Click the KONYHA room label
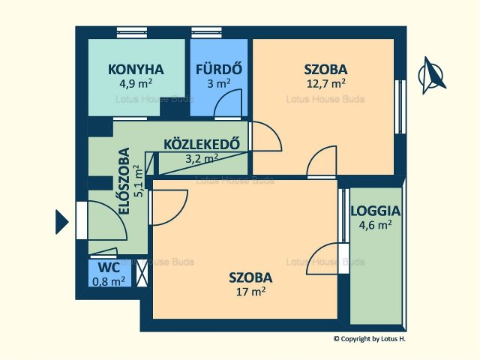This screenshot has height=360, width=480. (136, 70)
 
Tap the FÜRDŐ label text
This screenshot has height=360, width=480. (219, 68)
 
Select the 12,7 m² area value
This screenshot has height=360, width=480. (326, 83)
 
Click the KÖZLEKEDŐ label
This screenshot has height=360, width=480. (202, 144)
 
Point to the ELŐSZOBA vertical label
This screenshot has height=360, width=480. (124, 181)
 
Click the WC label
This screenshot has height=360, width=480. (109, 268)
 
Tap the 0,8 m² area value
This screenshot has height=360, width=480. (109, 281)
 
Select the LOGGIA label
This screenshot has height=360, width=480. (375, 211)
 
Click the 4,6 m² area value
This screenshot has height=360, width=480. (375, 225)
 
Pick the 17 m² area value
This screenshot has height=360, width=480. (250, 292)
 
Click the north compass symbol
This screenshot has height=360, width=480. (431, 75)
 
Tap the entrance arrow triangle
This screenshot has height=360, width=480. (61, 222)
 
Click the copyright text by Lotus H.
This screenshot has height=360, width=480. (370, 339)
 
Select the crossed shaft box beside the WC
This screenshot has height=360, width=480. (142, 273)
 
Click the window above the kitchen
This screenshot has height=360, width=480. (132, 32)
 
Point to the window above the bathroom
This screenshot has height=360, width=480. (207, 32)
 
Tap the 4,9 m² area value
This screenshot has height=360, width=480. (136, 83)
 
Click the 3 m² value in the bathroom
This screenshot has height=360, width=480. (218, 83)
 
